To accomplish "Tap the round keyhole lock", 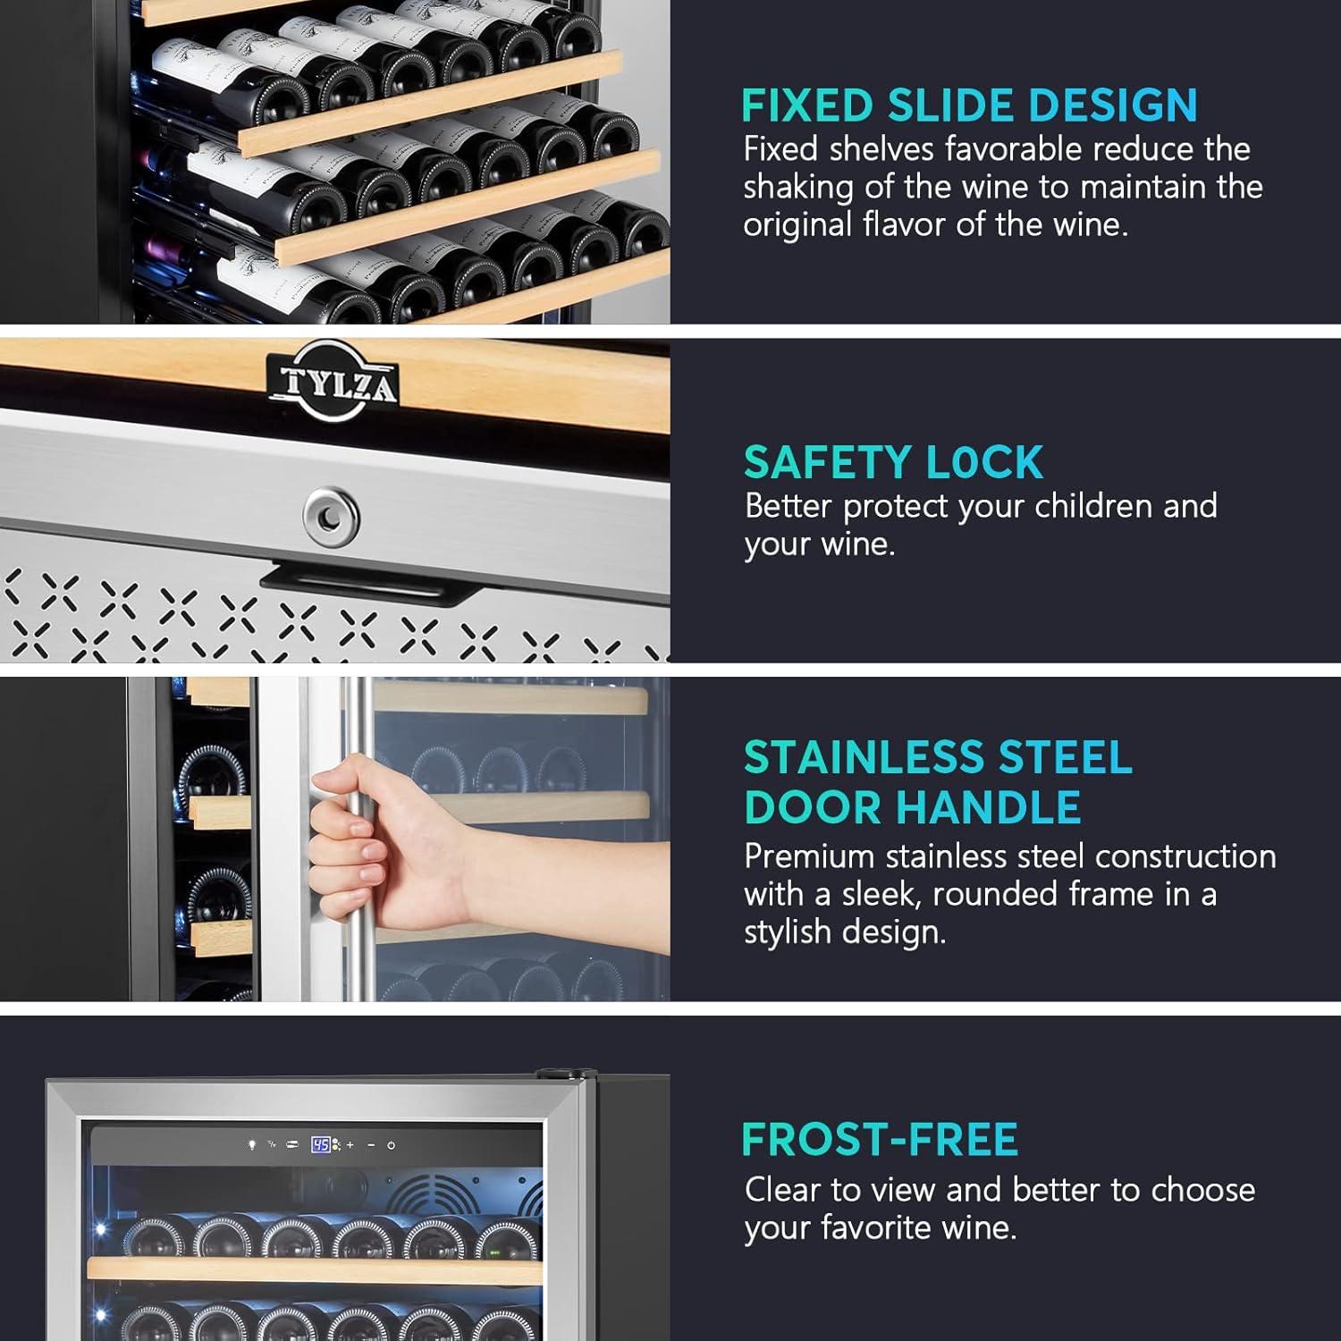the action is coord(331,516).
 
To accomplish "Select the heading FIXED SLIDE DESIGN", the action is coord(969,105).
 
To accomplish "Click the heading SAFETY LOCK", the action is coord(893,462).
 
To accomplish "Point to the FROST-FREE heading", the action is coord(880,1139).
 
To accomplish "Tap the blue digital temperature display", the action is coord(321,1144).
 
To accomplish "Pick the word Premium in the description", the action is coord(809,856).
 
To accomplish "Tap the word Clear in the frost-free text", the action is coord(783,1190).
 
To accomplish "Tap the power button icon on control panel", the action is coord(392,1144).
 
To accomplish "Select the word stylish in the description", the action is coord(784,932).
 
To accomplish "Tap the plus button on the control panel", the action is coord(350,1144).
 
